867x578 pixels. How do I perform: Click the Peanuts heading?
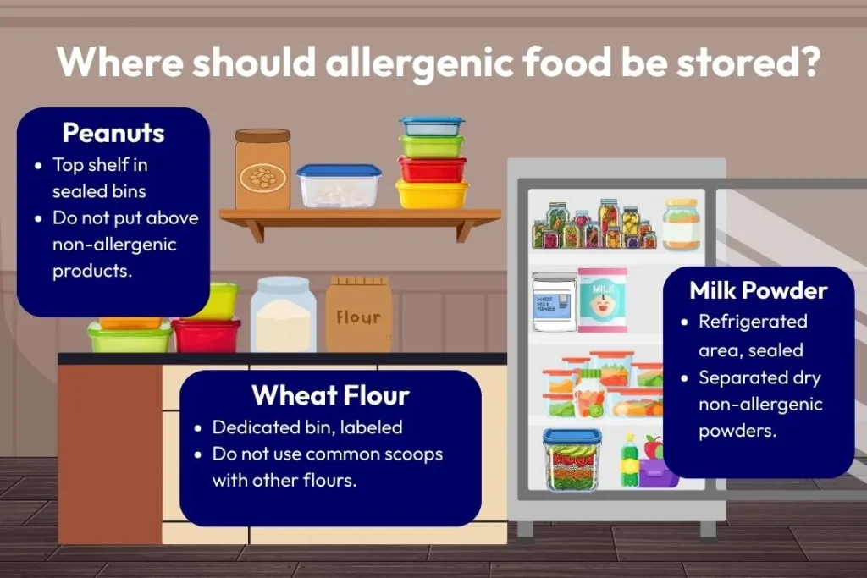pyautogui.click(x=113, y=133)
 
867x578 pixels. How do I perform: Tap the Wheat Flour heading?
pyautogui.click(x=330, y=395)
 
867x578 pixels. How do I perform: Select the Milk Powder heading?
pyautogui.click(x=758, y=290)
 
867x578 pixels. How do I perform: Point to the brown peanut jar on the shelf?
pyautogui.click(x=262, y=170)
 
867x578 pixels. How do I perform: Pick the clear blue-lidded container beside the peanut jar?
pyautogui.click(x=339, y=185)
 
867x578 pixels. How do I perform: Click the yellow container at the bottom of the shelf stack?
pyautogui.click(x=432, y=195)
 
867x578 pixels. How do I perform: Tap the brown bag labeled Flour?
pyautogui.click(x=359, y=315)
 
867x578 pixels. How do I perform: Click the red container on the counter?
pyautogui.click(x=207, y=335)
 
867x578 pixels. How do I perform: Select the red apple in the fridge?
pyautogui.click(x=653, y=447)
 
